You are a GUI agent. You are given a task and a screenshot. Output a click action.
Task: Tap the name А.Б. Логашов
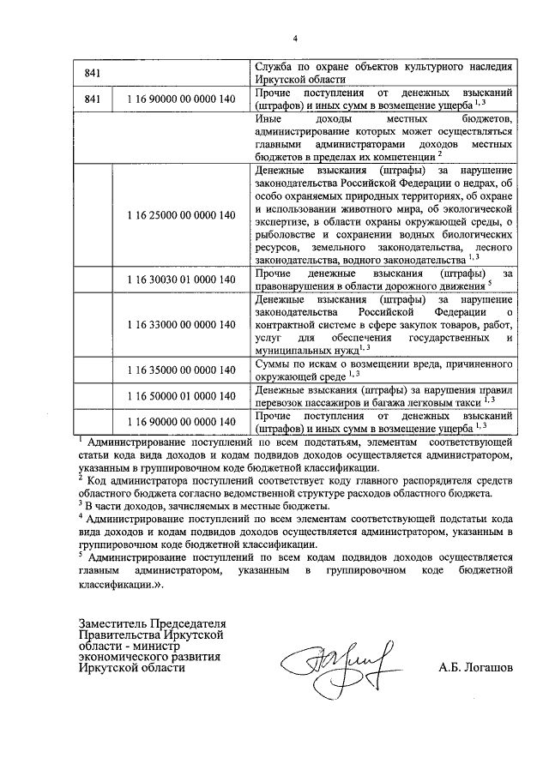(x=475, y=666)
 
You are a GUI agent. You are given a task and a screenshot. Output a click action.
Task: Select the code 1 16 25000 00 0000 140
(x=180, y=214)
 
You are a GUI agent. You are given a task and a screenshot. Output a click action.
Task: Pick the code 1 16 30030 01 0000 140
(x=180, y=280)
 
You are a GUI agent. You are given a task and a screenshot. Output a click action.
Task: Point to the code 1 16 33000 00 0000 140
(x=180, y=324)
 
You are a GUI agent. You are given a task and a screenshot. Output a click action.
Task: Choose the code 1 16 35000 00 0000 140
(x=180, y=370)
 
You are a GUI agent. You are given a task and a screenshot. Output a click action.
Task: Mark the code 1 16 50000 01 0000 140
(x=180, y=395)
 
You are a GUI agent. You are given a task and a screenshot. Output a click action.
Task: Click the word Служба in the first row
(x=274, y=66)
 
